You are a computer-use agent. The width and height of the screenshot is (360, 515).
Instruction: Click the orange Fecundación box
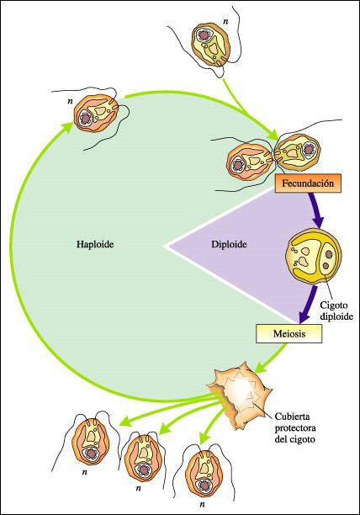click(x=308, y=183)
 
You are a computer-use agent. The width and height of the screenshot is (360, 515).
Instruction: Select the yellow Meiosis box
click(x=289, y=334)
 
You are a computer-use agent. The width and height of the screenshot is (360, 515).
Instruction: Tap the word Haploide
click(x=95, y=245)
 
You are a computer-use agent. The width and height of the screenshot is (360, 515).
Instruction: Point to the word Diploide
click(x=229, y=245)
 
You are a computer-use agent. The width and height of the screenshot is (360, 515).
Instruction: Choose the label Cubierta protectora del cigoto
click(x=295, y=427)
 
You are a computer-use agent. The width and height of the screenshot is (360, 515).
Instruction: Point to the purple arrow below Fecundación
click(x=316, y=210)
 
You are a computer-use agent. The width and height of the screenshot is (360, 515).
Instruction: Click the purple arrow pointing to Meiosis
click(x=309, y=304)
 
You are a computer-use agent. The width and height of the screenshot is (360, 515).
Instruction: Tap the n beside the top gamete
click(x=225, y=22)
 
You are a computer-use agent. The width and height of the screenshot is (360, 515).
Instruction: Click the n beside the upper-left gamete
click(x=70, y=101)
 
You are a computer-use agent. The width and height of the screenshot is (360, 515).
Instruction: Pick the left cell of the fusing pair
click(x=250, y=161)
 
